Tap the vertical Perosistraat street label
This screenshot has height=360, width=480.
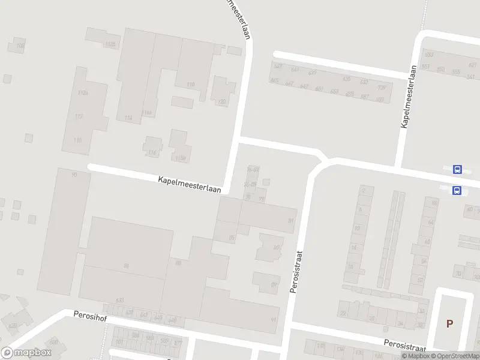(x=294, y=272)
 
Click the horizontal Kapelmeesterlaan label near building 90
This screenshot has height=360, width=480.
(x=190, y=184)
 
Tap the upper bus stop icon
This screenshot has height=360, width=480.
(x=457, y=170)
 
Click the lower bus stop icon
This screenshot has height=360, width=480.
(x=457, y=191)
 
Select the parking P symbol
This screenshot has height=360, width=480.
(x=449, y=323)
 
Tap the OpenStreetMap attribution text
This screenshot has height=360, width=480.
(x=456, y=356)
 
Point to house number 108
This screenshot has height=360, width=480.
(x=20, y=46)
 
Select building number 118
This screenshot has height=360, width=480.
(x=191, y=85)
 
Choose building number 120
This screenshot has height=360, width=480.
(x=221, y=102)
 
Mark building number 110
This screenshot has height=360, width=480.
(x=77, y=140)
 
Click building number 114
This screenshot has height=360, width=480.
(x=128, y=118)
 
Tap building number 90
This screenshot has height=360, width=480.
(x=74, y=175)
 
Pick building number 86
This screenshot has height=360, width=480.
(x=126, y=265)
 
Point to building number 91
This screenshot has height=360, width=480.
(x=274, y=319)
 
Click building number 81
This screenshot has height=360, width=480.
(x=291, y=221)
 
